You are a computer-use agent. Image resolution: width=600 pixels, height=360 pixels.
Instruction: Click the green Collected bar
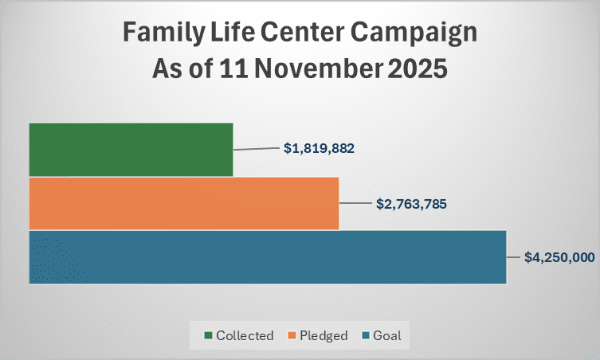point(131,149)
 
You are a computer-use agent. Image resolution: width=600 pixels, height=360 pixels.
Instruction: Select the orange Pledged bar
point(184,203)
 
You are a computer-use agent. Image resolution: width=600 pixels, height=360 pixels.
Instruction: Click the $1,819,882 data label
point(319,148)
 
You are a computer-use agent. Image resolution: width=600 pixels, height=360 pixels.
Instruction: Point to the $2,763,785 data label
point(411,203)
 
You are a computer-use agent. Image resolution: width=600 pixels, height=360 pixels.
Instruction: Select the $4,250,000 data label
point(561,257)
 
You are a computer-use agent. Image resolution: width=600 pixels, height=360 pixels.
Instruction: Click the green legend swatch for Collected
point(209,335)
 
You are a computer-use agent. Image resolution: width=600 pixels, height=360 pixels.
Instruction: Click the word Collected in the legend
point(245,335)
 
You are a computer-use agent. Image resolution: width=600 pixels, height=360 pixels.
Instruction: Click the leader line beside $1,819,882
point(257,149)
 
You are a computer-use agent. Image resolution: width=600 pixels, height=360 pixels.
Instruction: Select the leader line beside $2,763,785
point(356,203)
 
